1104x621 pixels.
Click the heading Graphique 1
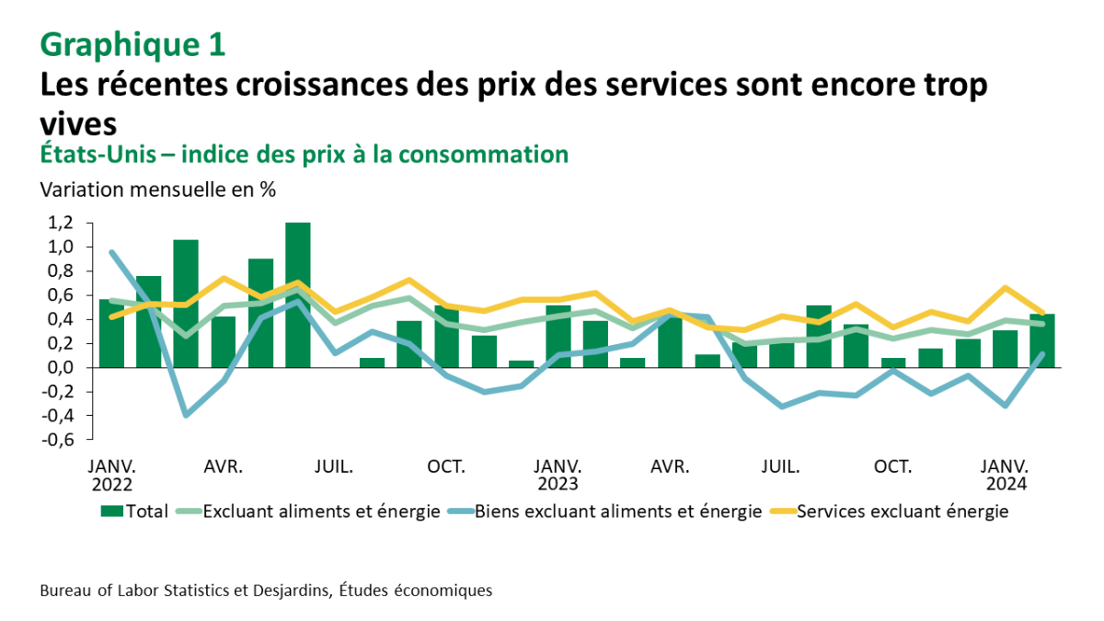tap(132, 43)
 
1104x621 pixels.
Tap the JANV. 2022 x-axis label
tap(111, 475)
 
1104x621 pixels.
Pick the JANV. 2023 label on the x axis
tap(558, 475)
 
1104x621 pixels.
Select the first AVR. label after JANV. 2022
tap(224, 466)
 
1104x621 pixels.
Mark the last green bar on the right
tap(1042, 340)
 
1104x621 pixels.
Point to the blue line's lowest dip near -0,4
tap(187, 415)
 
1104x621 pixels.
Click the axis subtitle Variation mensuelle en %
tap(157, 190)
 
